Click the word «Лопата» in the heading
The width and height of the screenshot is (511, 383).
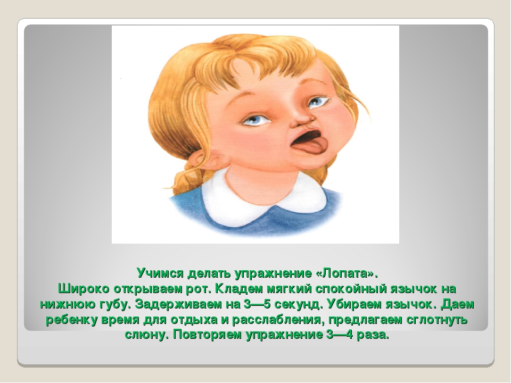click(x=347, y=273)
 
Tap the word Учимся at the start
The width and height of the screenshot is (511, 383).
click(x=160, y=273)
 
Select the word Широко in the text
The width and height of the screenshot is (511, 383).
click(x=84, y=288)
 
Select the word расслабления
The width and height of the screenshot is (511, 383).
click(x=278, y=320)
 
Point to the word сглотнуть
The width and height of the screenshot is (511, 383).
click(x=436, y=320)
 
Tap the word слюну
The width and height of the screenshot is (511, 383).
click(x=147, y=335)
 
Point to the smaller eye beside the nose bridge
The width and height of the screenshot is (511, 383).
click(x=316, y=102)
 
